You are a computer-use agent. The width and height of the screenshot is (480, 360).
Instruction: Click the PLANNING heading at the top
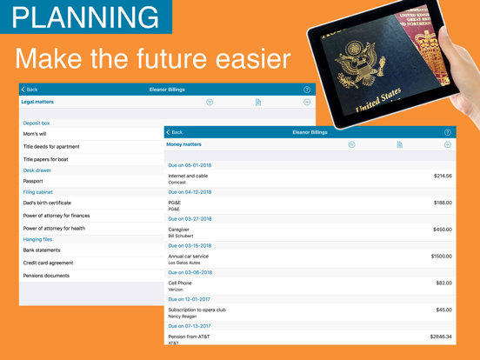coord(86,17)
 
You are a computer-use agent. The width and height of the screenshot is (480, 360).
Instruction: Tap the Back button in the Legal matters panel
coord(30,90)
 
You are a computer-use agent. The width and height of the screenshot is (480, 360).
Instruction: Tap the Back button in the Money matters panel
coord(174,132)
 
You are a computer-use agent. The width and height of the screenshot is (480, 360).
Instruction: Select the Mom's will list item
coord(36,134)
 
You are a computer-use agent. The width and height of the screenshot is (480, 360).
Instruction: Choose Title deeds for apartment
coord(51,147)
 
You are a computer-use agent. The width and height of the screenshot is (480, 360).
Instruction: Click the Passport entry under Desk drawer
coord(33,182)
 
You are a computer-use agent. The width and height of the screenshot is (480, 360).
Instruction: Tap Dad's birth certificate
coord(47,203)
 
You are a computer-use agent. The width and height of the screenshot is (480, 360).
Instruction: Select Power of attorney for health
coord(54,229)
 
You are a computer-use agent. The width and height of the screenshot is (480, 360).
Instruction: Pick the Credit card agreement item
coord(48,263)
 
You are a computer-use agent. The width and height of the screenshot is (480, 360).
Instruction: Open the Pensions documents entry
coord(46,276)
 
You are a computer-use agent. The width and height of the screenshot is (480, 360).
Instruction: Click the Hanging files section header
coord(37,239)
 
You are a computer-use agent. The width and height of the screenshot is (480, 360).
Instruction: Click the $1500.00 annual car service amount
coord(441,257)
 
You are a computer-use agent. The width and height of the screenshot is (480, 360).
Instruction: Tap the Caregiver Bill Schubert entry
coord(181,232)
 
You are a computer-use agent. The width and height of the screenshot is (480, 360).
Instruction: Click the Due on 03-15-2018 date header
coord(190,246)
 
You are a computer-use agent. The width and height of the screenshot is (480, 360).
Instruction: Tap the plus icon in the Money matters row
coord(448,145)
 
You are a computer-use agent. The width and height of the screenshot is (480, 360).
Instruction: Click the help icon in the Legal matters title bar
coord(307,90)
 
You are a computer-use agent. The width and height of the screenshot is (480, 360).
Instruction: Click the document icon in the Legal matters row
coord(258,103)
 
